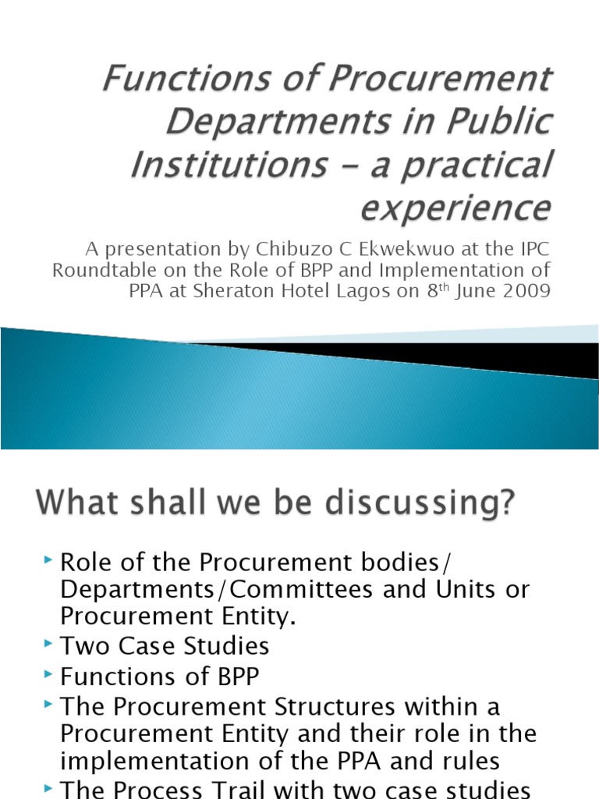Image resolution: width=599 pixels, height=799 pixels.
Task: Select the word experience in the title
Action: pyautogui.click(x=455, y=208)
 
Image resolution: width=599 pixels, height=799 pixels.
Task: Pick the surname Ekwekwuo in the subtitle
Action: pyautogui.click(x=387, y=250)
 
